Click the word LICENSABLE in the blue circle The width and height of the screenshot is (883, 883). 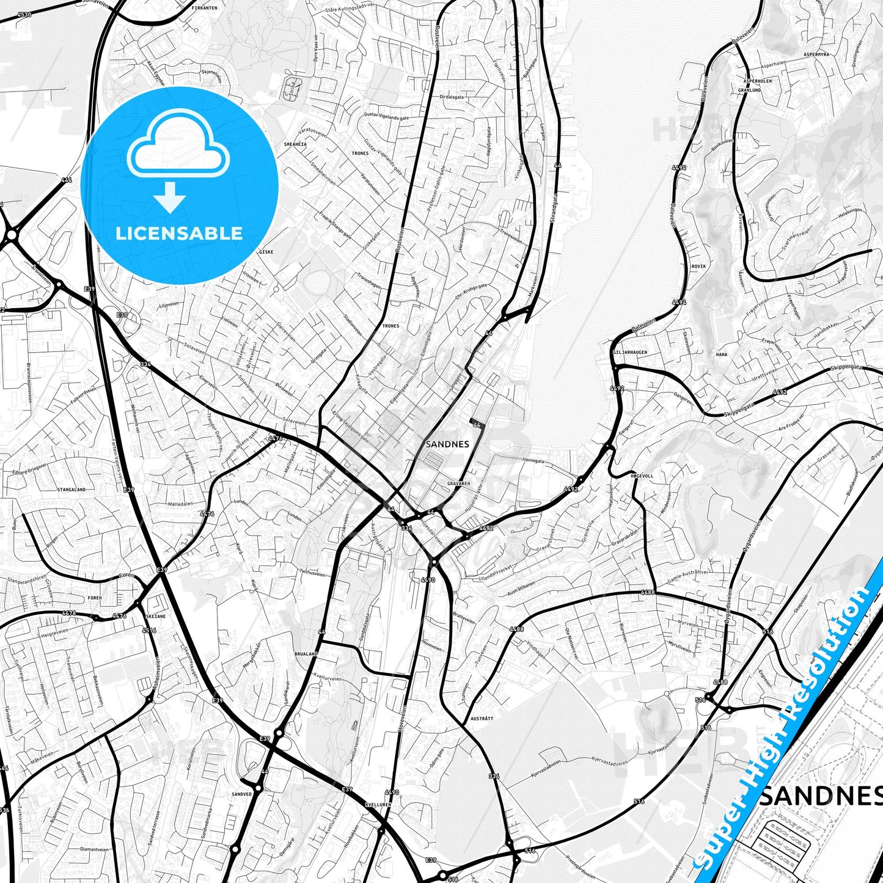[x=179, y=233]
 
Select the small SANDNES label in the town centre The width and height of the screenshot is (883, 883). [x=447, y=444]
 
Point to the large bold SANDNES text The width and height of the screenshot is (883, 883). [x=820, y=795]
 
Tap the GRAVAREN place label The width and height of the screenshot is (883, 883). [x=458, y=483]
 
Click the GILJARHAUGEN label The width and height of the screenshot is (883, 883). [x=629, y=353]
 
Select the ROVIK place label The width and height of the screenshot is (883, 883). [x=698, y=266]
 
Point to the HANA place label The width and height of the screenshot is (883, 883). [x=722, y=354]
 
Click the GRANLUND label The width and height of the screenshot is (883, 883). [x=749, y=90]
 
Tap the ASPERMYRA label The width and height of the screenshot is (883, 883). [x=816, y=54]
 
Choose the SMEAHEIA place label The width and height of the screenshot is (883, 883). [x=295, y=144]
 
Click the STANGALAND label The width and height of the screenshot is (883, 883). [x=71, y=489]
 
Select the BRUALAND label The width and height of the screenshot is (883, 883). [x=306, y=654]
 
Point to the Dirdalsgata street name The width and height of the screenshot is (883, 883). [x=452, y=97]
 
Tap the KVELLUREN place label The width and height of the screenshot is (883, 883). [x=376, y=805]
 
